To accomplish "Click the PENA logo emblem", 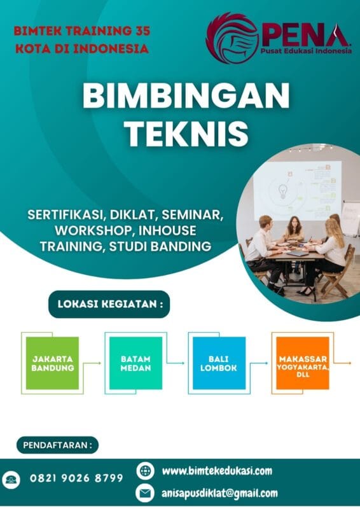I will [231, 38].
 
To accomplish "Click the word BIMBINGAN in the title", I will [186, 97].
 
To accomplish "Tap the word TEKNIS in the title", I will [186, 134].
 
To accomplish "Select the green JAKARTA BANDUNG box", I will [53, 363].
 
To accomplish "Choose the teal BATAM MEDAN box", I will [135, 363].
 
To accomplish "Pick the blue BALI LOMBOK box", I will [219, 363].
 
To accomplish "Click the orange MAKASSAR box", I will [302, 363].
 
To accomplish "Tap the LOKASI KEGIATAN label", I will [110, 305].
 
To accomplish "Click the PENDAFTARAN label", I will [57, 445].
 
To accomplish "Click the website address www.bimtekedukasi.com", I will [217, 471].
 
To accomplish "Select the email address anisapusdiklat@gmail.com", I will [219, 493].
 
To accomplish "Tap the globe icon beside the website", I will [146, 471].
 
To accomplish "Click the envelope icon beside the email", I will [146, 493].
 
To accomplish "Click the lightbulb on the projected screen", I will [282, 190].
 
